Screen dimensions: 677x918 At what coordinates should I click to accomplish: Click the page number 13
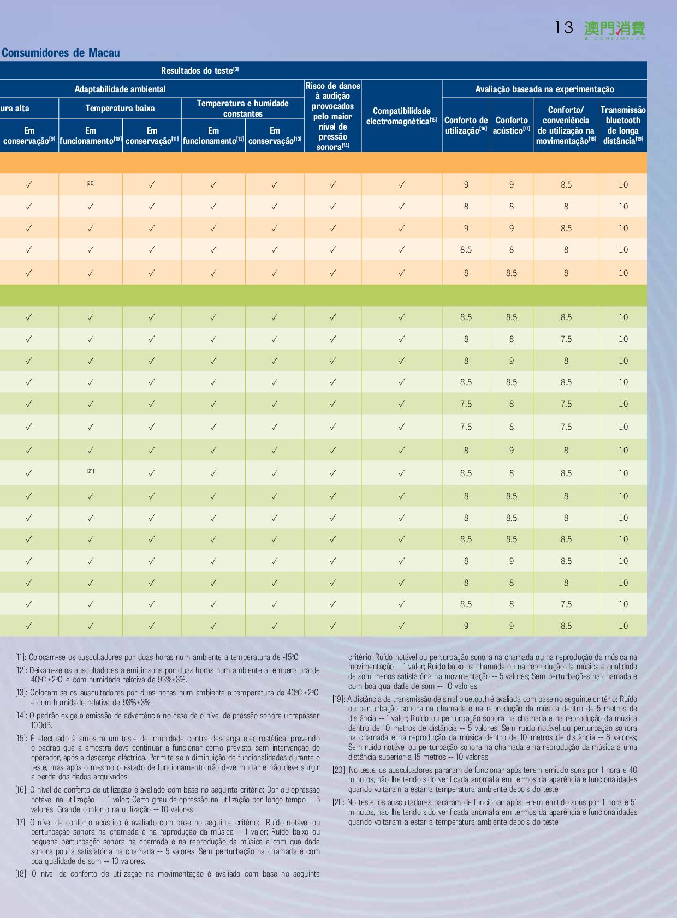click(x=564, y=28)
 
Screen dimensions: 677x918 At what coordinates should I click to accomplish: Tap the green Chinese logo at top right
click(x=615, y=31)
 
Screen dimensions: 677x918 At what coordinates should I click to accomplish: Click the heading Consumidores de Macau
click(x=61, y=53)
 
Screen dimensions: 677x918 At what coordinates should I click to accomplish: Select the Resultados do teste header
click(x=200, y=70)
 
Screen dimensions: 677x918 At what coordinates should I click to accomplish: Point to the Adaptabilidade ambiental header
click(x=120, y=89)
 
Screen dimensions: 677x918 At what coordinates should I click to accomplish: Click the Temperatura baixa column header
click(x=120, y=108)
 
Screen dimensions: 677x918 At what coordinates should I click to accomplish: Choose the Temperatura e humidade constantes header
click(x=243, y=109)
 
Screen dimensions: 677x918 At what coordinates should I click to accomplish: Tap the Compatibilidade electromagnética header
click(x=402, y=116)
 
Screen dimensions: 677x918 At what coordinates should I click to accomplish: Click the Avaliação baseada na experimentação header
click(x=544, y=89)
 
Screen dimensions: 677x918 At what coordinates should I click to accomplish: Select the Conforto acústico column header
click(x=512, y=125)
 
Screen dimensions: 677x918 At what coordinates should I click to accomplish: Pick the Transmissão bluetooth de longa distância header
click(x=623, y=125)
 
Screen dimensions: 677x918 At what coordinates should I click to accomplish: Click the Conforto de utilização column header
click(x=466, y=125)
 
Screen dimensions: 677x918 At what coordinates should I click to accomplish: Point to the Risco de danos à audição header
click(x=332, y=116)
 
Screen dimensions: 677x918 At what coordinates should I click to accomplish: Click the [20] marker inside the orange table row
click(x=91, y=183)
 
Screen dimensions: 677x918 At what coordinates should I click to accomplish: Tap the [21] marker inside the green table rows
click(x=91, y=471)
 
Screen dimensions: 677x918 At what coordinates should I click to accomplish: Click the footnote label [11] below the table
click(x=21, y=657)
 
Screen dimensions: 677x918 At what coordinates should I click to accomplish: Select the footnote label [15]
click(x=21, y=738)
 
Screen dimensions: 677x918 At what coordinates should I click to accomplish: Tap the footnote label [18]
click(x=21, y=873)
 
